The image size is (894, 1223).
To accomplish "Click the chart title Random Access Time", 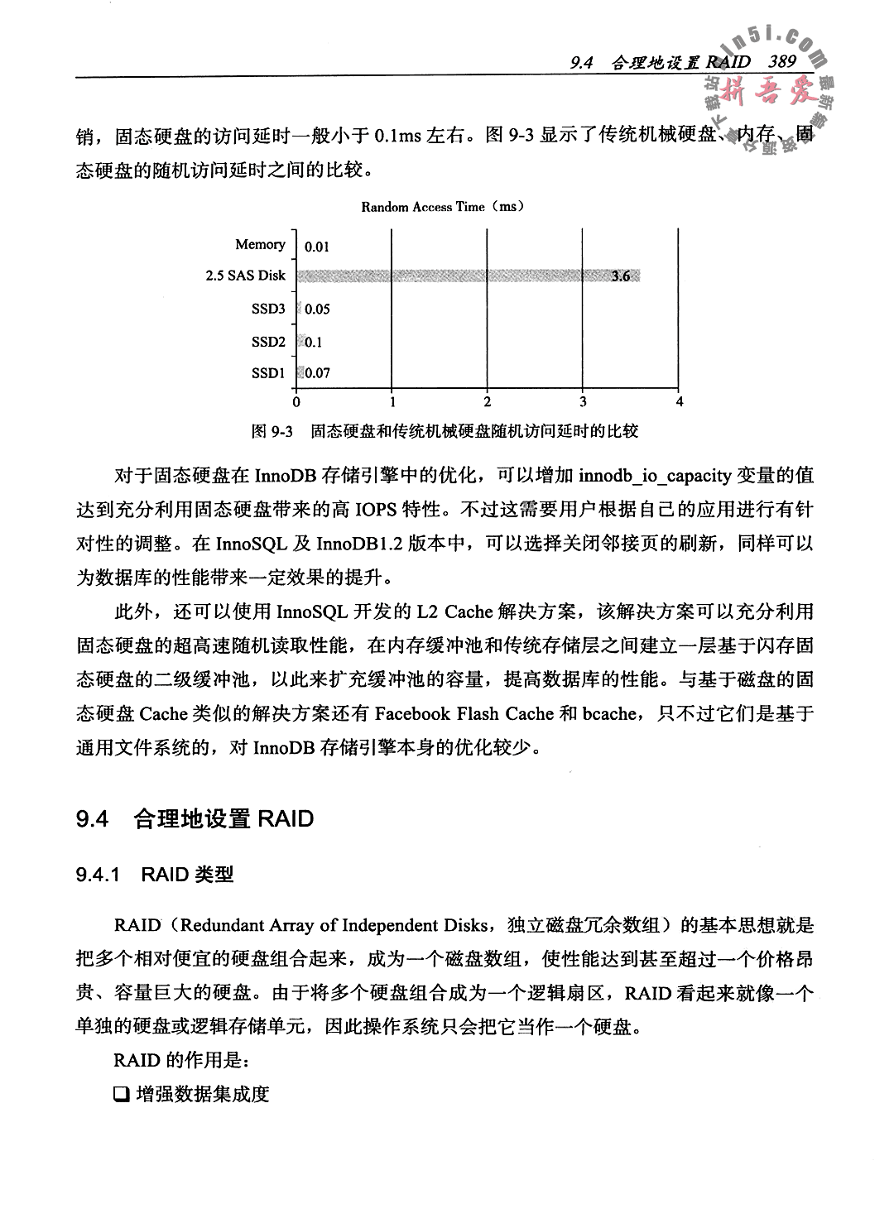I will tap(443, 207).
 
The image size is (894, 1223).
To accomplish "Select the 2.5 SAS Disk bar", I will tap(464, 276).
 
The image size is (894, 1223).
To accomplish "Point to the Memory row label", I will tap(260, 245).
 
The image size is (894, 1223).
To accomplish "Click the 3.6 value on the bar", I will tap(620, 276).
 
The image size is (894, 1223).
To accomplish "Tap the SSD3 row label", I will tap(268, 309).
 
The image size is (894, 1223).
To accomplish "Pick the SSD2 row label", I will tap(268, 341).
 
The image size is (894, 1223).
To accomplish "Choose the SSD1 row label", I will tap(268, 373).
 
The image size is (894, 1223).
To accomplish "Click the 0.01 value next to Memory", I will tap(317, 246).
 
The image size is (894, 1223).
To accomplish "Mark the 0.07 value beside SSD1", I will tap(317, 373).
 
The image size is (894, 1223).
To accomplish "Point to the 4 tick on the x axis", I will tap(680, 402).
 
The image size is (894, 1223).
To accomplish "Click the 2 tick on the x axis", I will tap(488, 402).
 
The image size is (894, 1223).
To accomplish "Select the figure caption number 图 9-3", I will tap(273, 431).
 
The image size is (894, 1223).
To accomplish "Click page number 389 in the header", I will tap(781, 62).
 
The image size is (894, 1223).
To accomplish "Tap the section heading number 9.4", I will tap(92, 819).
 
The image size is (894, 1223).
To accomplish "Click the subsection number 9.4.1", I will tap(99, 875).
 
